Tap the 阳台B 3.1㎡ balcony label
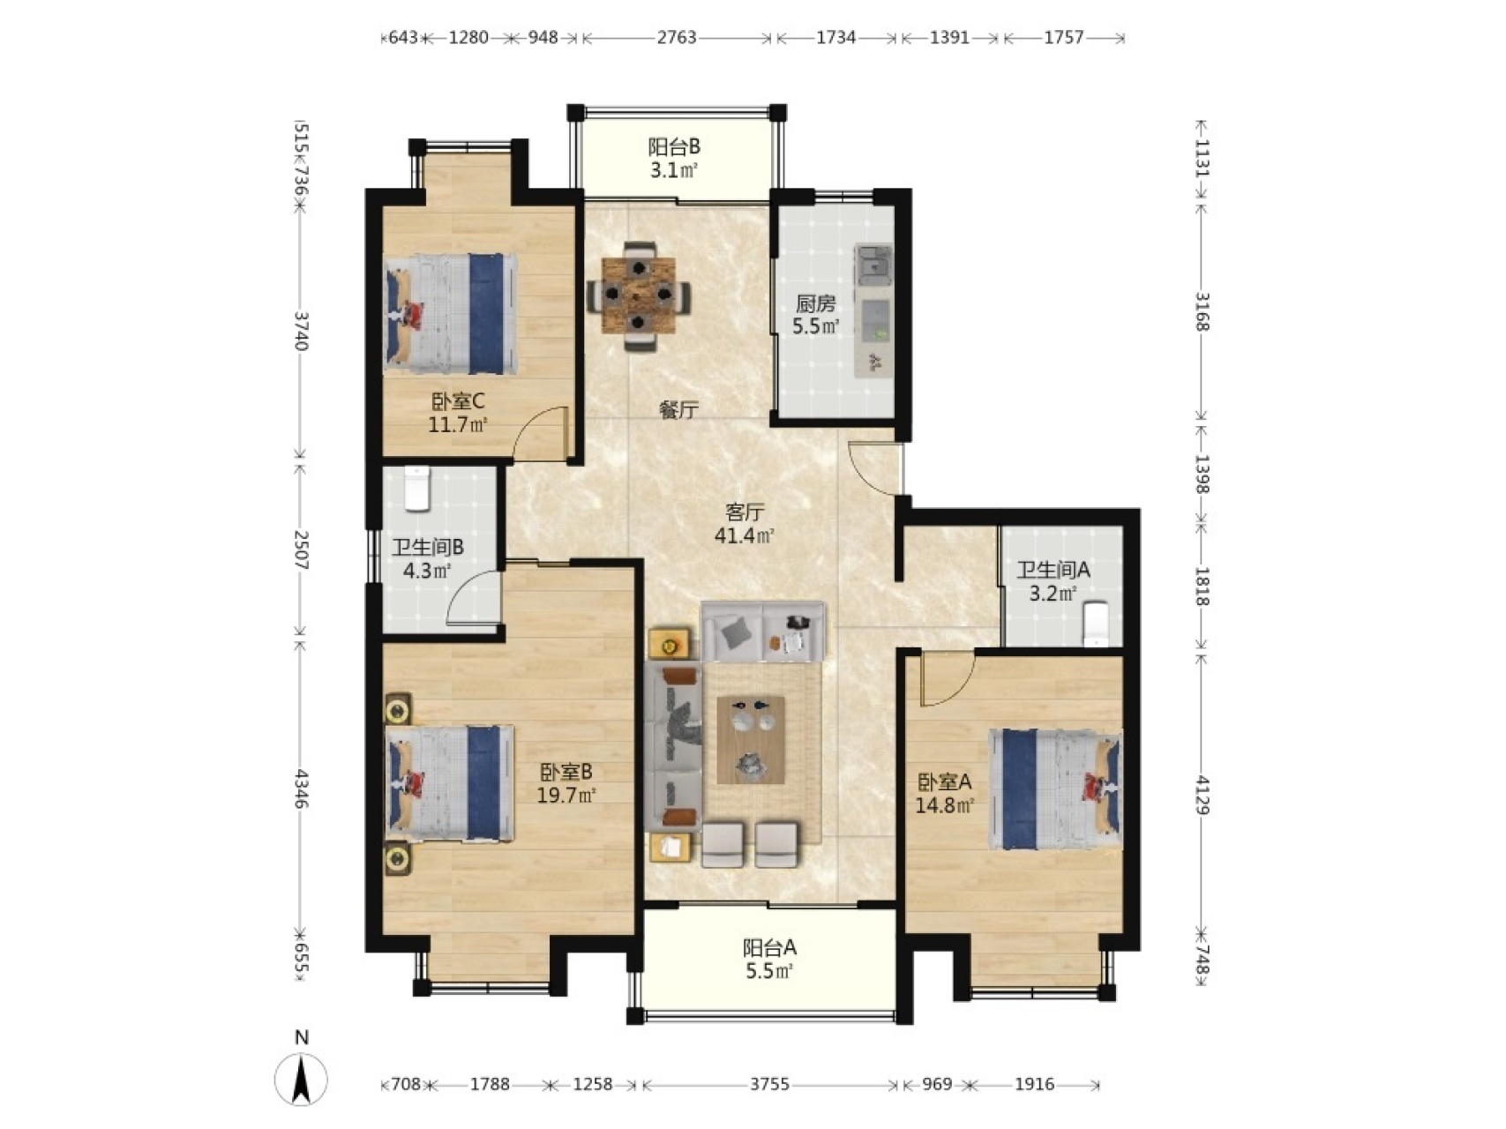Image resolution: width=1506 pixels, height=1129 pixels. (x=675, y=158)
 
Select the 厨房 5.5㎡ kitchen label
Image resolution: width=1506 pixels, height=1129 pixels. (x=814, y=315)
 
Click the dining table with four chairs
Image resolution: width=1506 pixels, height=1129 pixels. (x=639, y=295)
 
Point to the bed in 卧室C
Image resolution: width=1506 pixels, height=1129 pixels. (x=450, y=314)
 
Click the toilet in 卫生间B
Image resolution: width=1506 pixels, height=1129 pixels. (x=416, y=489)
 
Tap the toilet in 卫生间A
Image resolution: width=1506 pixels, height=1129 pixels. (x=1095, y=623)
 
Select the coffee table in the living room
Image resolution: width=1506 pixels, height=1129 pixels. (x=751, y=739)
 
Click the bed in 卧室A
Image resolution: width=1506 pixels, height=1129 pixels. (x=1055, y=789)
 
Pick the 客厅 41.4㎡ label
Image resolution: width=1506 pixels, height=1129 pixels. (x=745, y=524)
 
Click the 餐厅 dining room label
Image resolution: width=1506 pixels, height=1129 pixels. (x=679, y=409)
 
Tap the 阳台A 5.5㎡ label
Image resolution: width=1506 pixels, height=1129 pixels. (x=769, y=960)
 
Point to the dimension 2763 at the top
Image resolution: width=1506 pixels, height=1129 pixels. (x=677, y=38)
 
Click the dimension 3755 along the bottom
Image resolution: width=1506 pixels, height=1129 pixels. (x=769, y=1084)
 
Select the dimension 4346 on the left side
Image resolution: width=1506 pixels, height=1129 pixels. (x=301, y=789)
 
